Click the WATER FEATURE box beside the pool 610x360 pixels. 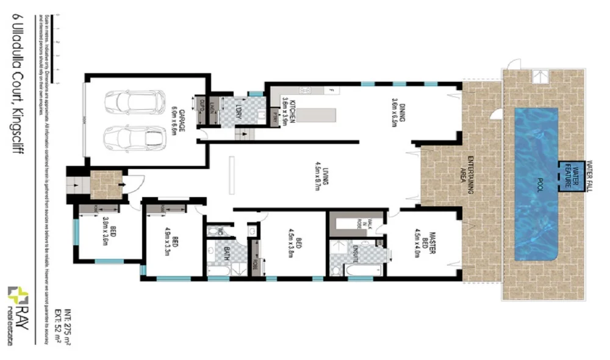click(x=570, y=175)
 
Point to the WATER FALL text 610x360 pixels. click(x=589, y=172)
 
